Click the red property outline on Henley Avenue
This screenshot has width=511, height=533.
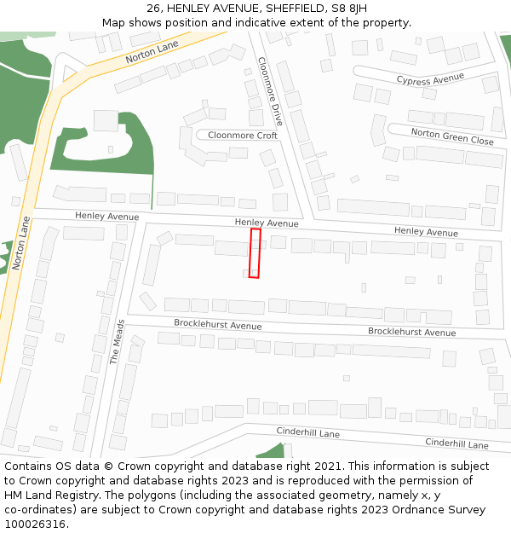point(255,252)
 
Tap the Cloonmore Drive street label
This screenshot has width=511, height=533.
point(270,98)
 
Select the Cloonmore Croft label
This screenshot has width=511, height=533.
point(243,136)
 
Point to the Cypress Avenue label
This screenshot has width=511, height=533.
point(430,79)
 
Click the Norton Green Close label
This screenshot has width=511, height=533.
point(452,136)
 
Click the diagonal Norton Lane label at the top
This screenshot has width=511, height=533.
point(152,53)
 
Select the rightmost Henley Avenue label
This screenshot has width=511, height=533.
point(426,232)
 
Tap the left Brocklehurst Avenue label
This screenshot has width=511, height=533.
point(217,325)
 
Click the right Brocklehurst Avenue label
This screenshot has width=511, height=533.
point(411,332)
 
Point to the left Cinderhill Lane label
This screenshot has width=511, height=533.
point(307,433)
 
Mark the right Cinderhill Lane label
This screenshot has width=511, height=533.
point(456,444)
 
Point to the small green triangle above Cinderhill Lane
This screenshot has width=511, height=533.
point(273,451)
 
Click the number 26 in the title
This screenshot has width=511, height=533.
point(153,9)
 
